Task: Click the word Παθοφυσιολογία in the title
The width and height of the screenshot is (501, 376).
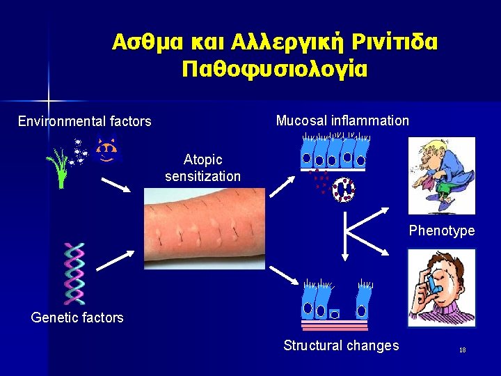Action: click(274, 69)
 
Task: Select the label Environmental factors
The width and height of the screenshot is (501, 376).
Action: click(84, 121)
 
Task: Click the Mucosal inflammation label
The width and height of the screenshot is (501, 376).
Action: click(342, 120)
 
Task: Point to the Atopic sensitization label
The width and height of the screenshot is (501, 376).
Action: click(202, 168)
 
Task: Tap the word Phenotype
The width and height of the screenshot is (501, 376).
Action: click(441, 230)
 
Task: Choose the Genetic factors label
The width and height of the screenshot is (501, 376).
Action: click(77, 318)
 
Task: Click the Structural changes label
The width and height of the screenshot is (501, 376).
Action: click(341, 345)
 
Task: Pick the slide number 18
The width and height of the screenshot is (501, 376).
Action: click(462, 350)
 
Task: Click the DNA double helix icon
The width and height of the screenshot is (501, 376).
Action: click(73, 273)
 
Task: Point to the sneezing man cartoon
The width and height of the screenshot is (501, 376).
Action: click(441, 174)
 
